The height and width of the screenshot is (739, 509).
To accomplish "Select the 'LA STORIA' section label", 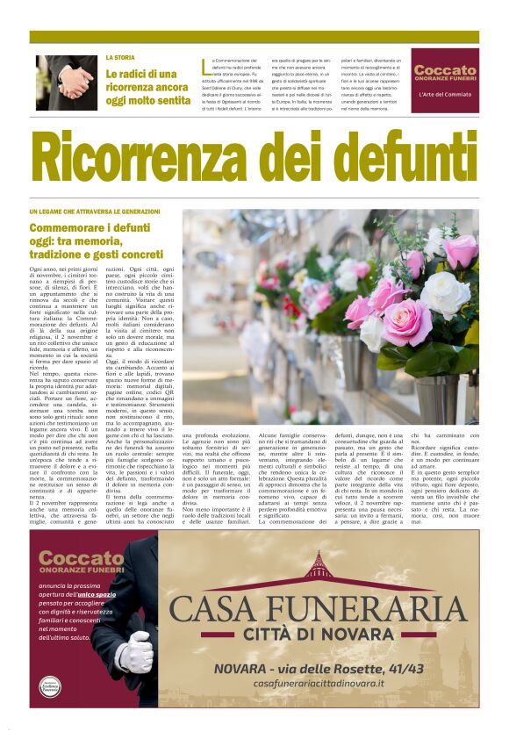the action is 120,57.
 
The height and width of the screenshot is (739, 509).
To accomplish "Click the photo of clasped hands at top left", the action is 67,83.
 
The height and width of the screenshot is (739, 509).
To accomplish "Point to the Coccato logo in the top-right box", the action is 445,72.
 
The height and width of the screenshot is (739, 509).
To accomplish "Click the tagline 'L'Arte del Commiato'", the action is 445,94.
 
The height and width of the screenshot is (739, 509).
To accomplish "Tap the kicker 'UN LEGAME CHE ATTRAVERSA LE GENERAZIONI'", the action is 95,212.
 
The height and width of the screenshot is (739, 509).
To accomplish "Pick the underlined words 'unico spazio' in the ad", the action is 96,594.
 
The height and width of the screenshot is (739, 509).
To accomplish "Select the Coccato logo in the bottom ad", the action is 81,563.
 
